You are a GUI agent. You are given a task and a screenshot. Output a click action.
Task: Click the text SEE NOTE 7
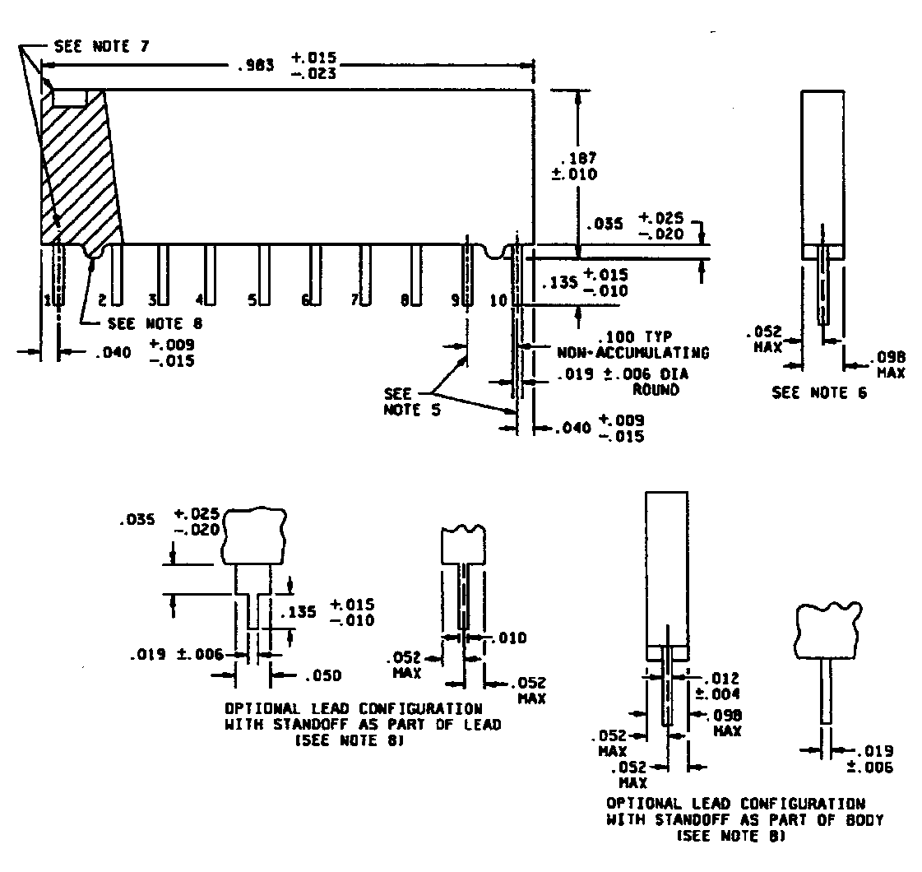[101, 46]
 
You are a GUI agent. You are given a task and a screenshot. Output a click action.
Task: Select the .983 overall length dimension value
[256, 65]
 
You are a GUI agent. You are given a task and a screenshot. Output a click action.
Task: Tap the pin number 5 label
[252, 300]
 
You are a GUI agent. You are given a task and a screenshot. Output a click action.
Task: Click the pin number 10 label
[498, 300]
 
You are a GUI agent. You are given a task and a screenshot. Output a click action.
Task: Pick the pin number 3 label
[152, 300]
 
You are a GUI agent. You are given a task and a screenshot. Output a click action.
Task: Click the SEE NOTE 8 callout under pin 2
[155, 323]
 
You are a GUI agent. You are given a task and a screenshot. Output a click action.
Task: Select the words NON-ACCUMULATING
[633, 353]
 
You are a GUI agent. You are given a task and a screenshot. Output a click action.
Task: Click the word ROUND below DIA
[656, 390]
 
